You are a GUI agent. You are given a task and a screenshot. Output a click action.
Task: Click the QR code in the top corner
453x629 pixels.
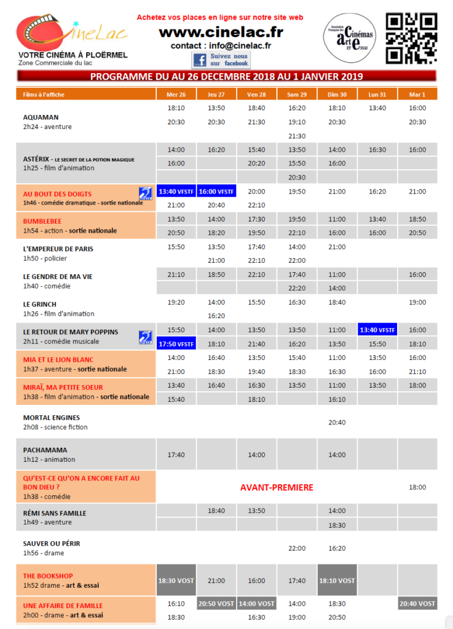(411, 38)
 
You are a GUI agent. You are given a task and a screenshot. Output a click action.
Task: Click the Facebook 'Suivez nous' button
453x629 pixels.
(221, 60)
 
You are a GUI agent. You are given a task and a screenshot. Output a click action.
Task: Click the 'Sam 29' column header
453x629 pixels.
(296, 95)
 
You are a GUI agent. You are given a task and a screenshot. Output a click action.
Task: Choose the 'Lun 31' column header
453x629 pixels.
(377, 95)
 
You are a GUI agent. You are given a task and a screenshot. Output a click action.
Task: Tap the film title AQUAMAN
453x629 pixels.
(41, 117)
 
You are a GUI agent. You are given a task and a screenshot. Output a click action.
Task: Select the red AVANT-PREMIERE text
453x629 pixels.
(277, 488)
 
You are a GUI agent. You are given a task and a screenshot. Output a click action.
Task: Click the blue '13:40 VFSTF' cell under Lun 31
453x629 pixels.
(377, 330)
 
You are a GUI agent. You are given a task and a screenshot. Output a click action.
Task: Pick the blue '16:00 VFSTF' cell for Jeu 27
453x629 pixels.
(216, 192)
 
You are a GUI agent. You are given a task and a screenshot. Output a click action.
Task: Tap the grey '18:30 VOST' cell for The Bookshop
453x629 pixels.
(176, 580)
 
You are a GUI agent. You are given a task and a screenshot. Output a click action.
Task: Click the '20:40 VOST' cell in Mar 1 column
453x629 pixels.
(417, 604)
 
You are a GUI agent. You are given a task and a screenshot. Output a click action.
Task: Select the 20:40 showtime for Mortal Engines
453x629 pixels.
(337, 423)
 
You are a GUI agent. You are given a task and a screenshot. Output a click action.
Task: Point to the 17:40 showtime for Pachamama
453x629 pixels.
(176, 455)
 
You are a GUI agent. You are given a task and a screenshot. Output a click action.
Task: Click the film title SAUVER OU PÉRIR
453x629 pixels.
(52, 544)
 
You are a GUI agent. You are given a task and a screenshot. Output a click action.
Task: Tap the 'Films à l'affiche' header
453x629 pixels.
(42, 95)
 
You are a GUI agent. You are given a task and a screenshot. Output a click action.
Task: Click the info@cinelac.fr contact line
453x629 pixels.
(221, 45)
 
